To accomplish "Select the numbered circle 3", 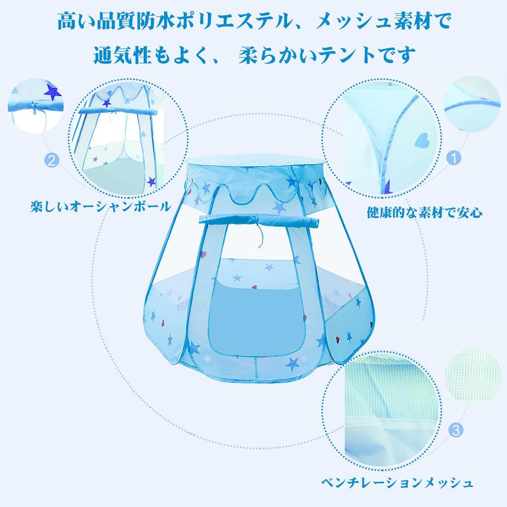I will click(x=456, y=429).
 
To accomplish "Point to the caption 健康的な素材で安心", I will click(x=424, y=213).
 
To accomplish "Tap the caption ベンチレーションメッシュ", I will click(x=396, y=482).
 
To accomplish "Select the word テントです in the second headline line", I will click(x=367, y=54).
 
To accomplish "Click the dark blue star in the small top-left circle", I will click(x=51, y=92).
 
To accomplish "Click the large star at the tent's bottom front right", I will click(x=293, y=364).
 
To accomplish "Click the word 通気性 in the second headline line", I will click(x=122, y=54).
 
